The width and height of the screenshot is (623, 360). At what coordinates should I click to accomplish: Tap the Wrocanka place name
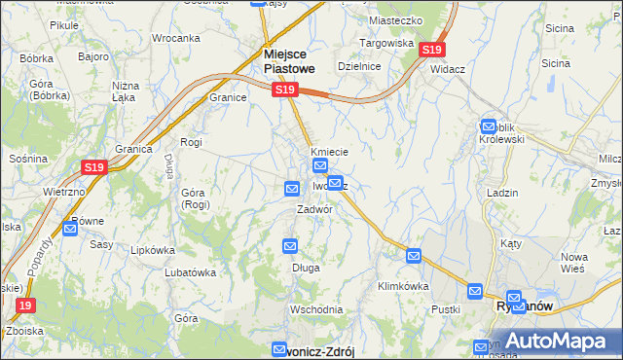(175, 38)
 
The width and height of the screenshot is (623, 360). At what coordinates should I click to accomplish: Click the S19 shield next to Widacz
(433, 49)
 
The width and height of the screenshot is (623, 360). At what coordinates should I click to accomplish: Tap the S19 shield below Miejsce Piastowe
(283, 90)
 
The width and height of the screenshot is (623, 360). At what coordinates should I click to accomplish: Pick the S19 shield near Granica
(93, 167)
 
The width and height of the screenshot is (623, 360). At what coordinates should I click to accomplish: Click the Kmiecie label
(329, 152)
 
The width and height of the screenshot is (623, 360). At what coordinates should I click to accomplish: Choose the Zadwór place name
(316, 209)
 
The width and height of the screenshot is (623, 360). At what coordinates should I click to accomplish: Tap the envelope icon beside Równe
(70, 229)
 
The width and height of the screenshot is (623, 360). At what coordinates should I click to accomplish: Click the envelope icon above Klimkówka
(414, 256)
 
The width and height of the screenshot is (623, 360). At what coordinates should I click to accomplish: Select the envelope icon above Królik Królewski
(489, 126)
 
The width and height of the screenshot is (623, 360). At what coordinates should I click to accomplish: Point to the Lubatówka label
(190, 272)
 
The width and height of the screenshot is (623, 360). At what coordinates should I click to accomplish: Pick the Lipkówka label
(151, 249)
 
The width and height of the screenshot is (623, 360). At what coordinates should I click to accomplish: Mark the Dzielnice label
(357, 65)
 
